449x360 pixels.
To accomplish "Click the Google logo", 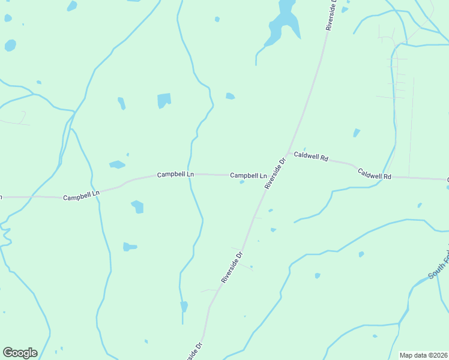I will pyautogui.click(x=20, y=353).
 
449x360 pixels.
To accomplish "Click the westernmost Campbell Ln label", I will pyautogui.click(x=81, y=197).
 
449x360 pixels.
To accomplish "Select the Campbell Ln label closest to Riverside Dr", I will pyautogui.click(x=248, y=175).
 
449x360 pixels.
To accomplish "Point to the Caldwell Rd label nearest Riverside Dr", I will pyautogui.click(x=311, y=158).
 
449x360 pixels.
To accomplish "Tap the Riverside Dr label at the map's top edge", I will pyautogui.click(x=331, y=15).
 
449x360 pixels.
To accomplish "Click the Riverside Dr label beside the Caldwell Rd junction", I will pyautogui.click(x=274, y=173).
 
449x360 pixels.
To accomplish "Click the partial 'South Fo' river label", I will pyautogui.click(x=438, y=266).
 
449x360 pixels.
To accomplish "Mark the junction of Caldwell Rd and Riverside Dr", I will pyautogui.click(x=288, y=153).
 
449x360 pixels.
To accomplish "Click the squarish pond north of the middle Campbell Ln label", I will pyautogui.click(x=164, y=100).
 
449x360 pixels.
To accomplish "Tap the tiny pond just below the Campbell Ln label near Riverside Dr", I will pyautogui.click(x=241, y=182).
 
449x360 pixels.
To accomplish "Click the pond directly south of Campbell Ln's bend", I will pyautogui.click(x=137, y=206).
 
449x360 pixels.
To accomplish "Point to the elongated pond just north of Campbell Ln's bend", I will pyautogui.click(x=117, y=164).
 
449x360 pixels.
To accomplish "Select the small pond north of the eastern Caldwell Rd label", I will pyautogui.click(x=357, y=133).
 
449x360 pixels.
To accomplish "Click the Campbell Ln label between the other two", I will pyautogui.click(x=175, y=175).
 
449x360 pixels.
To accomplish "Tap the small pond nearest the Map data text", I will pyautogui.click(x=375, y=336).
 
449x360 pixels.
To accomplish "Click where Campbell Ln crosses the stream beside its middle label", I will pyautogui.click(x=190, y=174).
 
